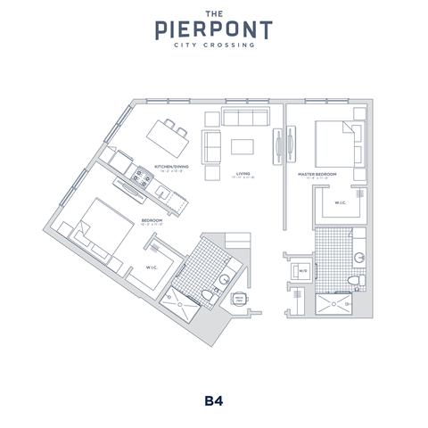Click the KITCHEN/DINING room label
point(170,167)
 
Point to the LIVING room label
point(243,175)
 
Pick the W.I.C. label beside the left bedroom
point(151,266)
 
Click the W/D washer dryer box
point(302,270)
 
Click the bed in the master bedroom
point(337,141)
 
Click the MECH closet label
point(239,299)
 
